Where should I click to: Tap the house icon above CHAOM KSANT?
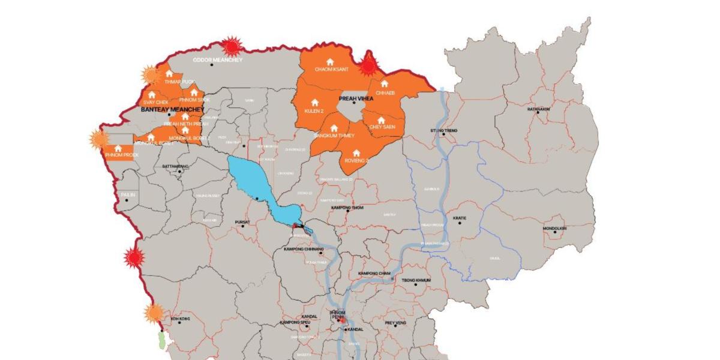[x=329, y=62]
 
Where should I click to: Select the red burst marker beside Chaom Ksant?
[x=369, y=64]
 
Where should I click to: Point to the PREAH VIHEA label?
[x=356, y=100]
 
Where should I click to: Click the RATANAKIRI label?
[x=538, y=109]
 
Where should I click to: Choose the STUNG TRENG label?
[x=444, y=130]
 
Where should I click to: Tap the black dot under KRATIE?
[x=460, y=223]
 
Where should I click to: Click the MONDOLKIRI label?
[x=555, y=228]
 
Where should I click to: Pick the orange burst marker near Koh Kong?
[x=155, y=313]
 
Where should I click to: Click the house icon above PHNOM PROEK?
[x=118, y=148]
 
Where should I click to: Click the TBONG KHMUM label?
[x=416, y=280]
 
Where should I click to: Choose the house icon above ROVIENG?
[x=356, y=153]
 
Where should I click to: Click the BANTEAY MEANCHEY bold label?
[x=172, y=110]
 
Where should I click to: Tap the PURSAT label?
[x=242, y=222]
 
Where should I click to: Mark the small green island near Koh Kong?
[x=161, y=340]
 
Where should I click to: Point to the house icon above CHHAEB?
[x=384, y=84]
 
